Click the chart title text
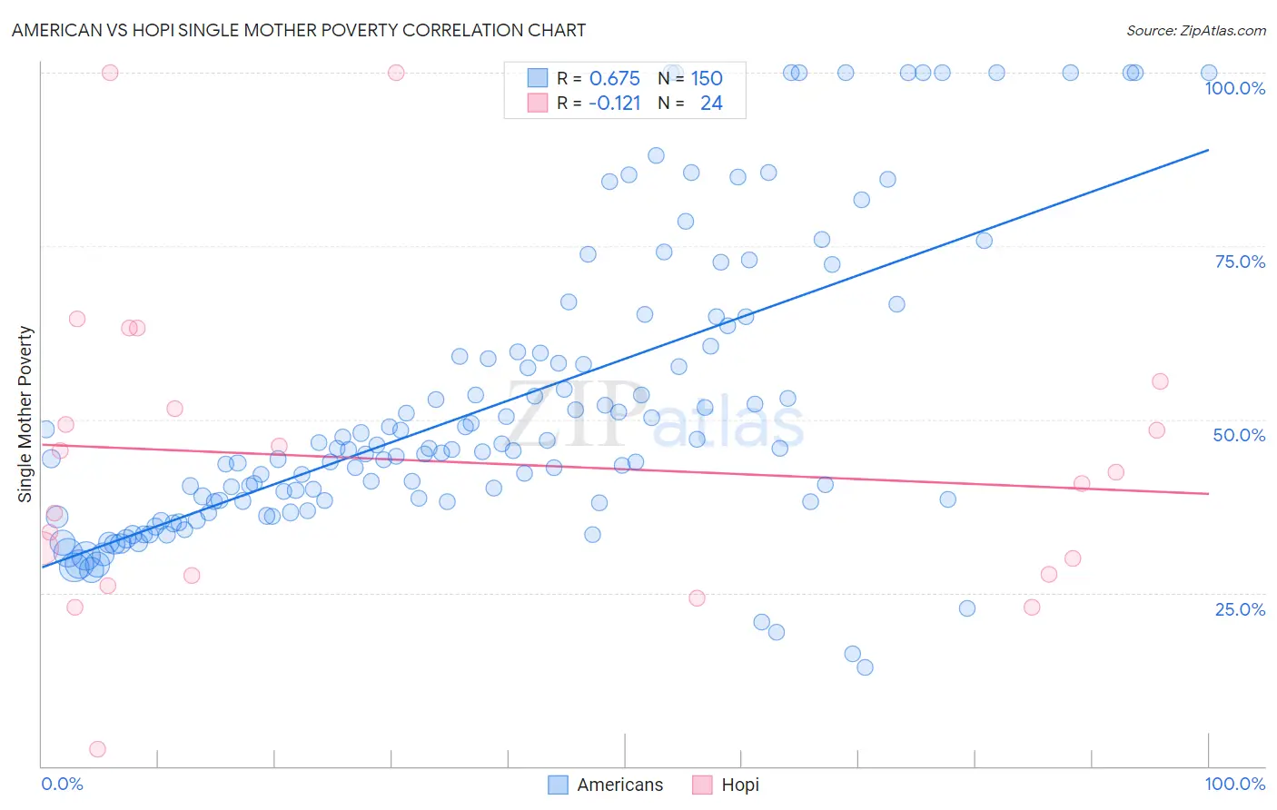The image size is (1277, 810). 299,30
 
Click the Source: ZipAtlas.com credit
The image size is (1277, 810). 1195,31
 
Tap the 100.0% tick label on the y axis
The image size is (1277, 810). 1234,88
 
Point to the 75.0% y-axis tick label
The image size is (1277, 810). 1240,262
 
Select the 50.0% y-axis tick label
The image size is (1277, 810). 1239,435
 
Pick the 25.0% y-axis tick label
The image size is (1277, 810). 1240,609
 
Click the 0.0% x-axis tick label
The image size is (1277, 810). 63,784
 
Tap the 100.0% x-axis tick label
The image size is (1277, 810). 1234,784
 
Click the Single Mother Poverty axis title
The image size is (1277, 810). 25,414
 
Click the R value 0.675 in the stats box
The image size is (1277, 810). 614,79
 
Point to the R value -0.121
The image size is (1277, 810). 614,104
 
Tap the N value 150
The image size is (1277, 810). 706,79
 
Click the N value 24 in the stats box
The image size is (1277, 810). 711,104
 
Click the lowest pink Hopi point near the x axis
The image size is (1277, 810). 97,749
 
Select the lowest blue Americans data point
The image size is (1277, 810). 865,667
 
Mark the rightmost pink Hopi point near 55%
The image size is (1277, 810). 1160,381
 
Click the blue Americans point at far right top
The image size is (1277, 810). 1209,73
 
